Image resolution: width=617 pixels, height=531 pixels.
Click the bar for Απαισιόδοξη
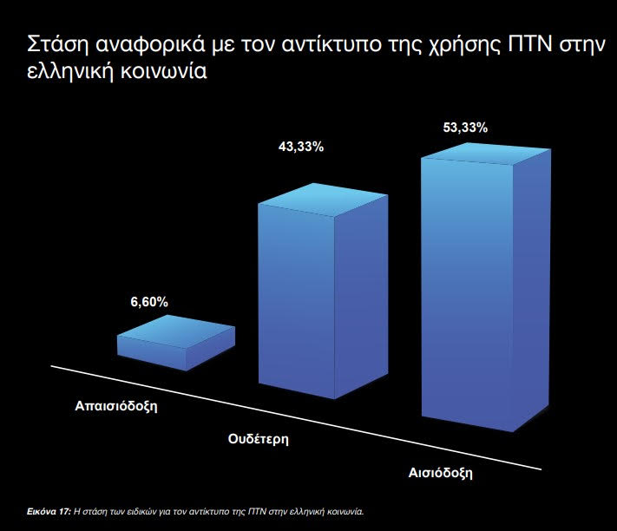pos(176,343)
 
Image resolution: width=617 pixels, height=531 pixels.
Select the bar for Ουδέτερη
pos(323,291)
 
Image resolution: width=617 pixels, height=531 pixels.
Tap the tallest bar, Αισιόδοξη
pos(486,287)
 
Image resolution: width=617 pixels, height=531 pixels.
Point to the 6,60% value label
pos(149,302)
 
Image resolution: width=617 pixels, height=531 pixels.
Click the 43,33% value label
pos(301,147)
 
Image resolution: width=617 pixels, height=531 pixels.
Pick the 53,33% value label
pos(465,128)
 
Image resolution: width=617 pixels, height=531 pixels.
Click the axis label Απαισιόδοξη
pos(116,406)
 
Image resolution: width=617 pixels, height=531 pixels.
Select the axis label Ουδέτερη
pos(258,438)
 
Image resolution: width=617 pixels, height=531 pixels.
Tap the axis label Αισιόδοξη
pos(440,472)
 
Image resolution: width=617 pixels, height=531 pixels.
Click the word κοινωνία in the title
pos(163,72)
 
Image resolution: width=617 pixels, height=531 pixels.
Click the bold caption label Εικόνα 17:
pos(49,512)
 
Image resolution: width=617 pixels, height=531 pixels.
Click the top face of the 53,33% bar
pos(488,154)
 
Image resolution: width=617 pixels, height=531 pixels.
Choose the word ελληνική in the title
pos(71,72)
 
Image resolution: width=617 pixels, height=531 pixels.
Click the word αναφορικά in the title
pos(150,46)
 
